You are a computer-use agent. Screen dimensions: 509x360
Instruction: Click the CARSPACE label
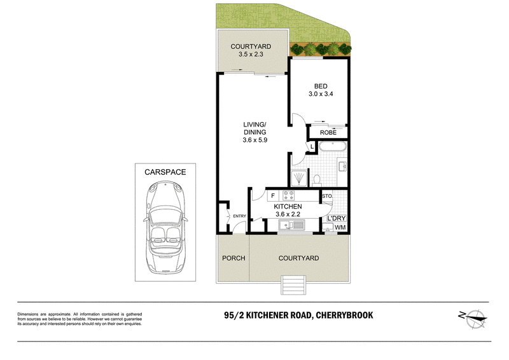click(165, 172)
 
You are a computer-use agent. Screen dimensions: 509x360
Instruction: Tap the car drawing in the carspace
click(165, 227)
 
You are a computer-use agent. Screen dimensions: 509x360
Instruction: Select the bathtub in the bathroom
click(333, 146)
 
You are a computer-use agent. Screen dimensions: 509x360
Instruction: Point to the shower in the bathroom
click(298, 179)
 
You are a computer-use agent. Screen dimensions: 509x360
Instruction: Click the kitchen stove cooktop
click(289, 195)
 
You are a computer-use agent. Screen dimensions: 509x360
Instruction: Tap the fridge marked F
click(273, 196)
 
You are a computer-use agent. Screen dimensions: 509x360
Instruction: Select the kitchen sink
click(291, 225)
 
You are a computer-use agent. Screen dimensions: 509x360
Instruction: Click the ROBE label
click(328, 132)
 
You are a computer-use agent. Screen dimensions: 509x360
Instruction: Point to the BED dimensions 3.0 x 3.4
click(321, 94)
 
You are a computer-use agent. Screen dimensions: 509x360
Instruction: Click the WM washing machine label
click(340, 228)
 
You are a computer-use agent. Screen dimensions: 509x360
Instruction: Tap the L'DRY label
click(337, 218)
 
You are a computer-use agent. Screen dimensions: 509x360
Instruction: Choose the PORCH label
click(234, 258)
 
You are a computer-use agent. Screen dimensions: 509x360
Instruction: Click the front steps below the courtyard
click(293, 285)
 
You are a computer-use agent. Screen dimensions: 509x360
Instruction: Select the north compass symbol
click(474, 319)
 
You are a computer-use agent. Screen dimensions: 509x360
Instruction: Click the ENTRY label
click(240, 216)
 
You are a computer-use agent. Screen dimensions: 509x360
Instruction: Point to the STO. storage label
click(327, 196)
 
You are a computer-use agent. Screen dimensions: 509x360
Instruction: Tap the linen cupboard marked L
click(312, 147)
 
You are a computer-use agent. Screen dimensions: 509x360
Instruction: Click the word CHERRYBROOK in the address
click(344, 315)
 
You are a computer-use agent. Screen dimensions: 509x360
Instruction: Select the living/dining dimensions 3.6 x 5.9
click(255, 140)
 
